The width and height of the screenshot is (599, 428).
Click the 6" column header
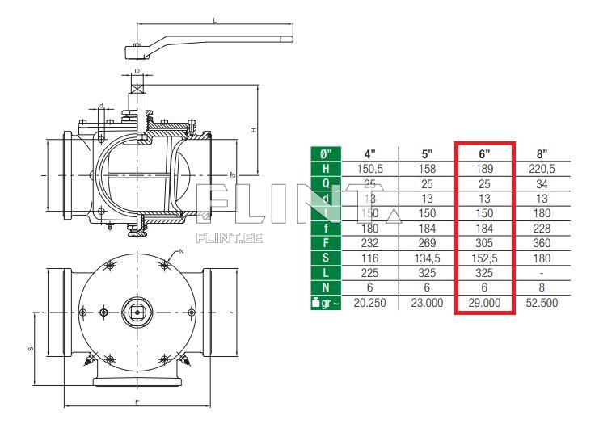484,153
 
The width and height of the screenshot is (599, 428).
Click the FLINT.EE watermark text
218,238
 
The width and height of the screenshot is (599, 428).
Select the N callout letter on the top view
183,252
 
